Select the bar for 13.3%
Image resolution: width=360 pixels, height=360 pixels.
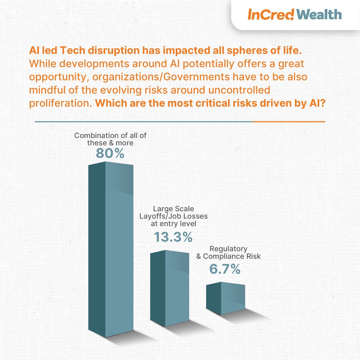click(169, 288)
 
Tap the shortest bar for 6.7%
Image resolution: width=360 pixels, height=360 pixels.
click(226, 298)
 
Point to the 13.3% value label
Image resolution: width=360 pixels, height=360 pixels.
click(173, 237)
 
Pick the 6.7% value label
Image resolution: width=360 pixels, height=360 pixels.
click(225, 269)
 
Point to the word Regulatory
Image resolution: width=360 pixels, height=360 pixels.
click(229, 249)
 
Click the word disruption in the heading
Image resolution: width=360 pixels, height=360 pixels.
click(112, 51)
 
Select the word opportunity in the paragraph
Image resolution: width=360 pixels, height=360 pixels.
click(59, 76)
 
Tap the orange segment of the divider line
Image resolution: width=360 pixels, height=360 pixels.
click(288, 122)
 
